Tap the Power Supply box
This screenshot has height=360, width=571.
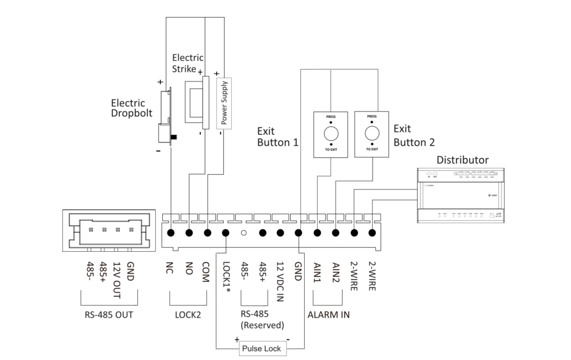click(223, 103)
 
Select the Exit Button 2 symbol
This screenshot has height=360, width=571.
click(371, 133)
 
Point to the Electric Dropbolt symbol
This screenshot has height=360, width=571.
click(164, 118)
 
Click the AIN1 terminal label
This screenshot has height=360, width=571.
click(317, 274)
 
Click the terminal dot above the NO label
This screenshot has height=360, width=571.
click(189, 233)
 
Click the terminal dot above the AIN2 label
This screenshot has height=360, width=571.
click(336, 233)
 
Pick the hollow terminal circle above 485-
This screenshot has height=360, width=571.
click(244, 233)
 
